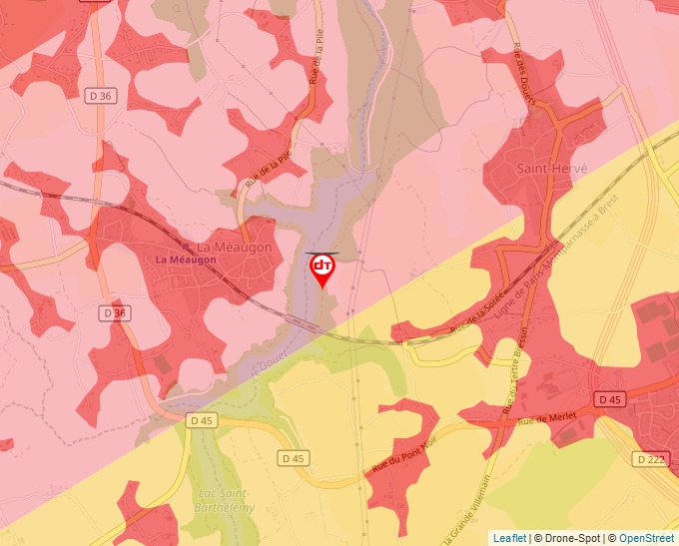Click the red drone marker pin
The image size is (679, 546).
click(x=323, y=269)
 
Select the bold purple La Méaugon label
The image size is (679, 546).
click(x=185, y=260)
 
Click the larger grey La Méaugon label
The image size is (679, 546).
click(x=235, y=247)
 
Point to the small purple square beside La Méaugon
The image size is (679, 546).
click(x=189, y=246)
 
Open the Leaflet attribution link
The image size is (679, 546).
click(x=509, y=538)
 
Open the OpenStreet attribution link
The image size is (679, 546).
click(x=647, y=538)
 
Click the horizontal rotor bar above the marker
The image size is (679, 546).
click(x=322, y=255)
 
